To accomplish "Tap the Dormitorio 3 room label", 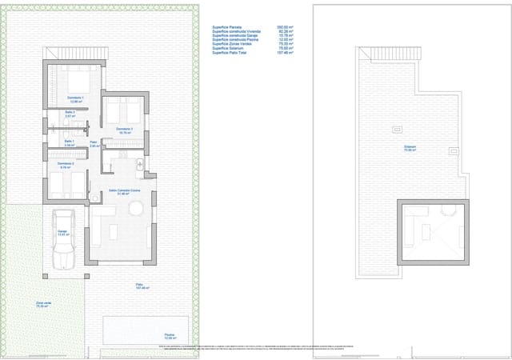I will tap(124, 130).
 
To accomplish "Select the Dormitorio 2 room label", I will tap(66, 165).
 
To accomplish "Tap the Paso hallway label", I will tap(93, 145).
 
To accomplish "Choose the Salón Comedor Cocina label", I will tap(124, 192).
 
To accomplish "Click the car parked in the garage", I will tap(63, 239).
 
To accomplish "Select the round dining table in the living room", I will tap(136, 209).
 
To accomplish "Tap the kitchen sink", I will tap(139, 165).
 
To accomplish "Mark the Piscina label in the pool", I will tap(169, 336).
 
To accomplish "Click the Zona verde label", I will tap(43, 305).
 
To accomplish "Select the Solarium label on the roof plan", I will tap(410, 148).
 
